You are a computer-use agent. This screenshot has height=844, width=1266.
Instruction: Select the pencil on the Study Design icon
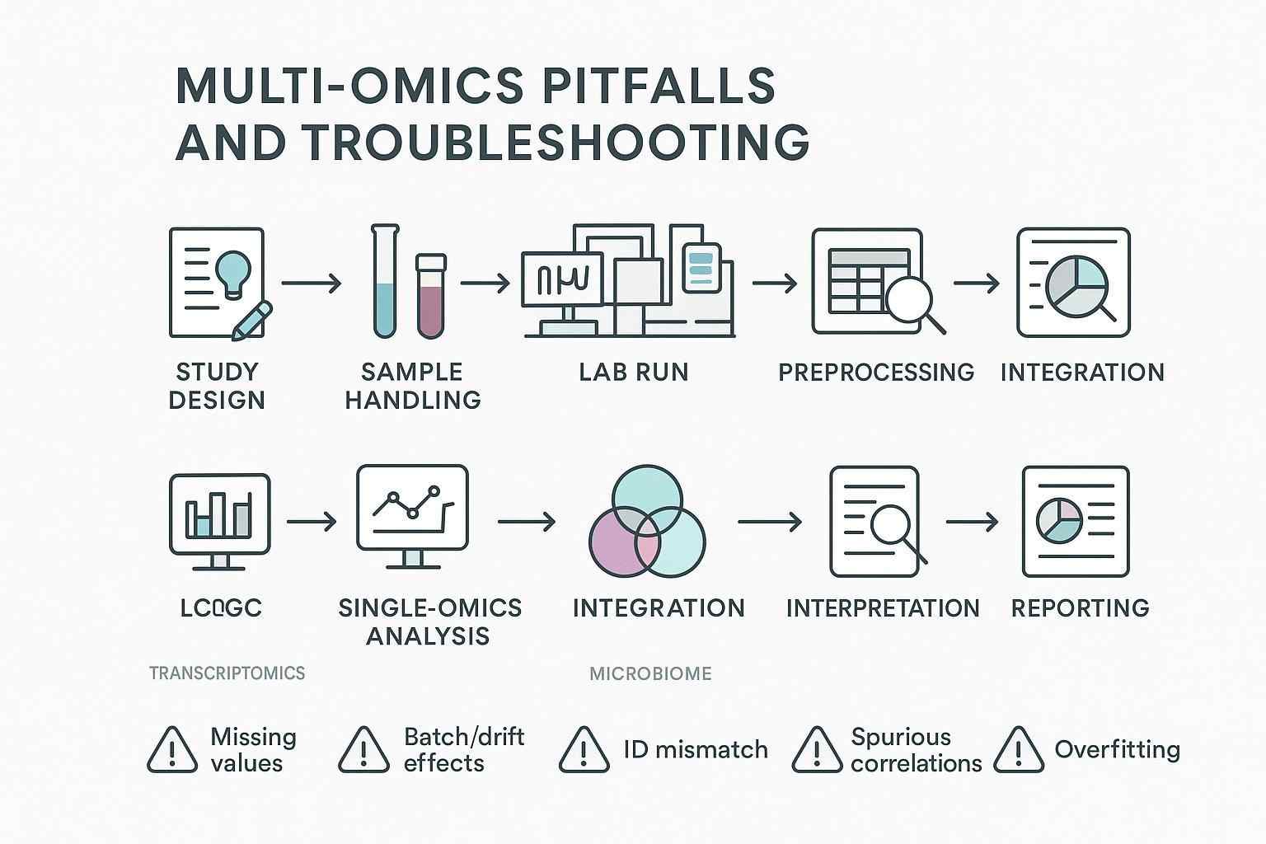click(251, 321)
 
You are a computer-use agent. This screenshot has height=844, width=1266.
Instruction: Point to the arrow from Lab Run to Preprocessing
click(774, 284)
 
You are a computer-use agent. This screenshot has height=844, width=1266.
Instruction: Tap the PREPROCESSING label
click(875, 373)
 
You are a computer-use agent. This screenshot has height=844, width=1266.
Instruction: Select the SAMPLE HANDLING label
click(412, 386)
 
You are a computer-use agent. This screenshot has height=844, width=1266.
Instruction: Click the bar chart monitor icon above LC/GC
click(219, 518)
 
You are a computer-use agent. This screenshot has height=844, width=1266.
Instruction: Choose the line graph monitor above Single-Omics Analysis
click(412, 513)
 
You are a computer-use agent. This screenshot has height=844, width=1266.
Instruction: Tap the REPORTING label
click(1080, 608)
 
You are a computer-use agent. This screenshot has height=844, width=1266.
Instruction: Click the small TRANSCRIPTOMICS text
click(227, 673)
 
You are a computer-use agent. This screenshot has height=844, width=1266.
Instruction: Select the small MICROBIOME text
click(650, 674)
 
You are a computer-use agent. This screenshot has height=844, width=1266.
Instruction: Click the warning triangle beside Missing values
click(171, 750)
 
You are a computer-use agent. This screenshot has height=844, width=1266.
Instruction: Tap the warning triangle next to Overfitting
click(1019, 750)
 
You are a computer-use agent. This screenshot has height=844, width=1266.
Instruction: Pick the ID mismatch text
click(695, 749)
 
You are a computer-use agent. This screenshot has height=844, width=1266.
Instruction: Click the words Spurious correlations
click(915, 750)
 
